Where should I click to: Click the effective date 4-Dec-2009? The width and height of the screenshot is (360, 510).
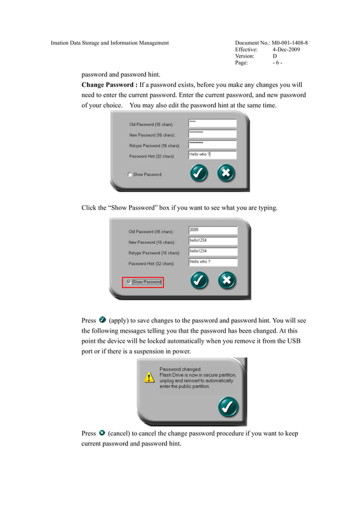point(286,50)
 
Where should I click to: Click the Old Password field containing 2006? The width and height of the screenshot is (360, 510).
point(213,230)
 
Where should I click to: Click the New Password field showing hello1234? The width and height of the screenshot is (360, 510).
point(213,241)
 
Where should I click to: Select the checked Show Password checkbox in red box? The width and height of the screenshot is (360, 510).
point(129,282)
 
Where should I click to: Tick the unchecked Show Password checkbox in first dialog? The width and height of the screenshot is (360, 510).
point(130,175)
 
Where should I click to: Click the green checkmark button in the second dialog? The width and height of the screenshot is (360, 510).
point(200,280)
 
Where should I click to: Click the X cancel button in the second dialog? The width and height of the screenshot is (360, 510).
point(226,280)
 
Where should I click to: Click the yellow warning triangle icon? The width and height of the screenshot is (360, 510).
point(148,377)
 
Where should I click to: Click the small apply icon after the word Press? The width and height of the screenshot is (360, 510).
point(102,320)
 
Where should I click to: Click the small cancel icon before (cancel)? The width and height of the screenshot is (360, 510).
point(102,433)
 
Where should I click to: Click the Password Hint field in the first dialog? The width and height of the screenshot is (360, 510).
point(212,155)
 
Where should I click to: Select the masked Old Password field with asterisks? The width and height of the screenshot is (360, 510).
point(212,123)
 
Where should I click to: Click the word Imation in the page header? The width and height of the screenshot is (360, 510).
point(60,43)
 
